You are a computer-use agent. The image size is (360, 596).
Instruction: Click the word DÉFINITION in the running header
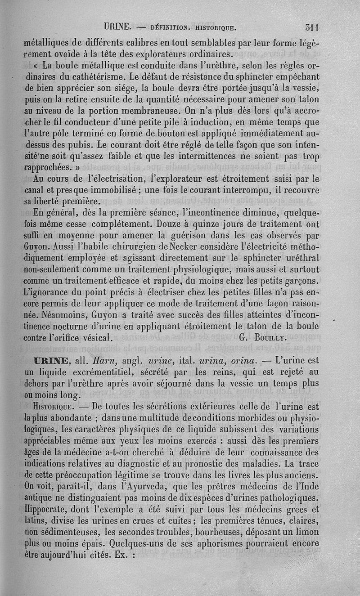(171, 27)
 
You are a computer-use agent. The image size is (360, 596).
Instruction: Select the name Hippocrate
(46, 510)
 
